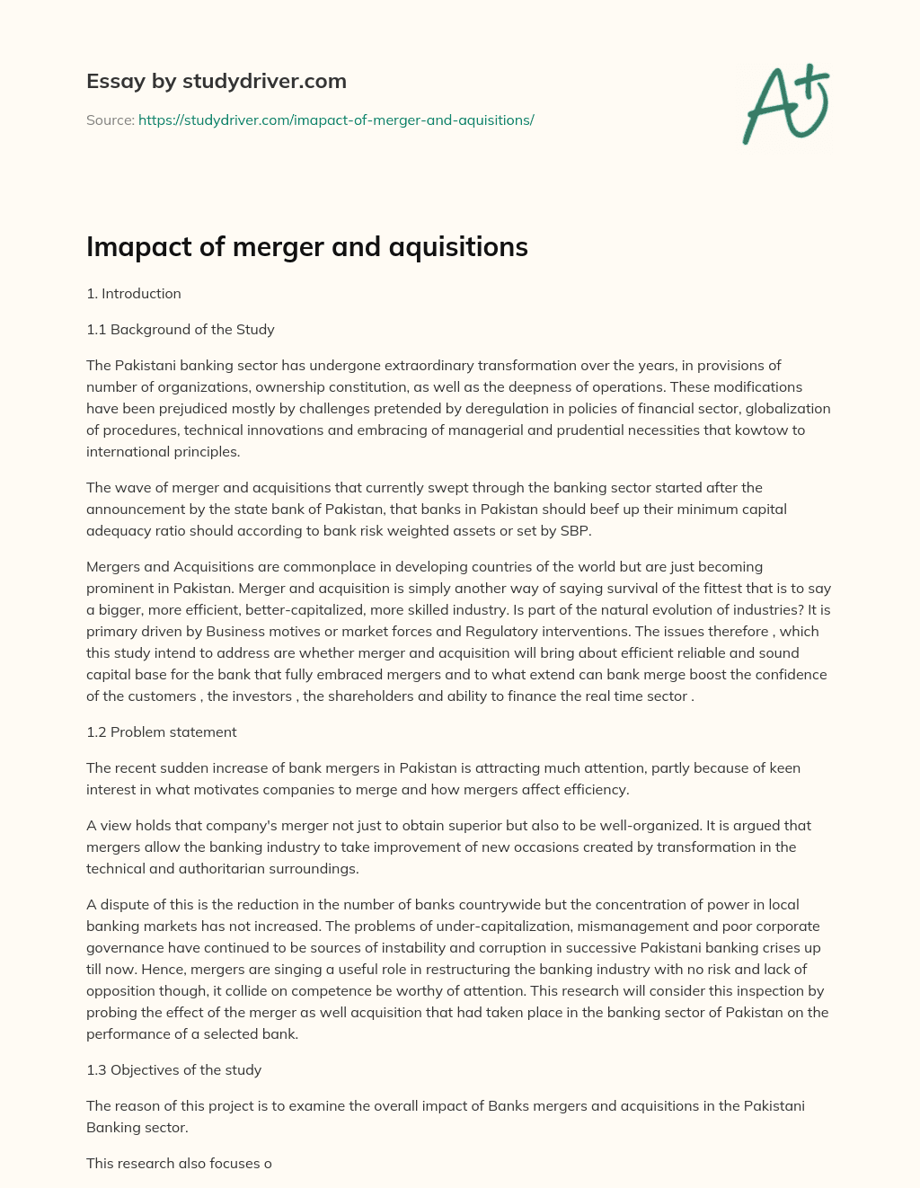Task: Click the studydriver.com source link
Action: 336,120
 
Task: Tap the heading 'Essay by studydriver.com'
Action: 216,81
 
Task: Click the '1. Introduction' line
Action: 134,294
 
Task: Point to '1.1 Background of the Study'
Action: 180,330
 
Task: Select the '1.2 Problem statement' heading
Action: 162,732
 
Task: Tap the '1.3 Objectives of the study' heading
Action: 173,1070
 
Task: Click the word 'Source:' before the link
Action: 110,120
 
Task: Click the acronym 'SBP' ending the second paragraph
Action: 574,531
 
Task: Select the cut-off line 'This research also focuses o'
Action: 179,1164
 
